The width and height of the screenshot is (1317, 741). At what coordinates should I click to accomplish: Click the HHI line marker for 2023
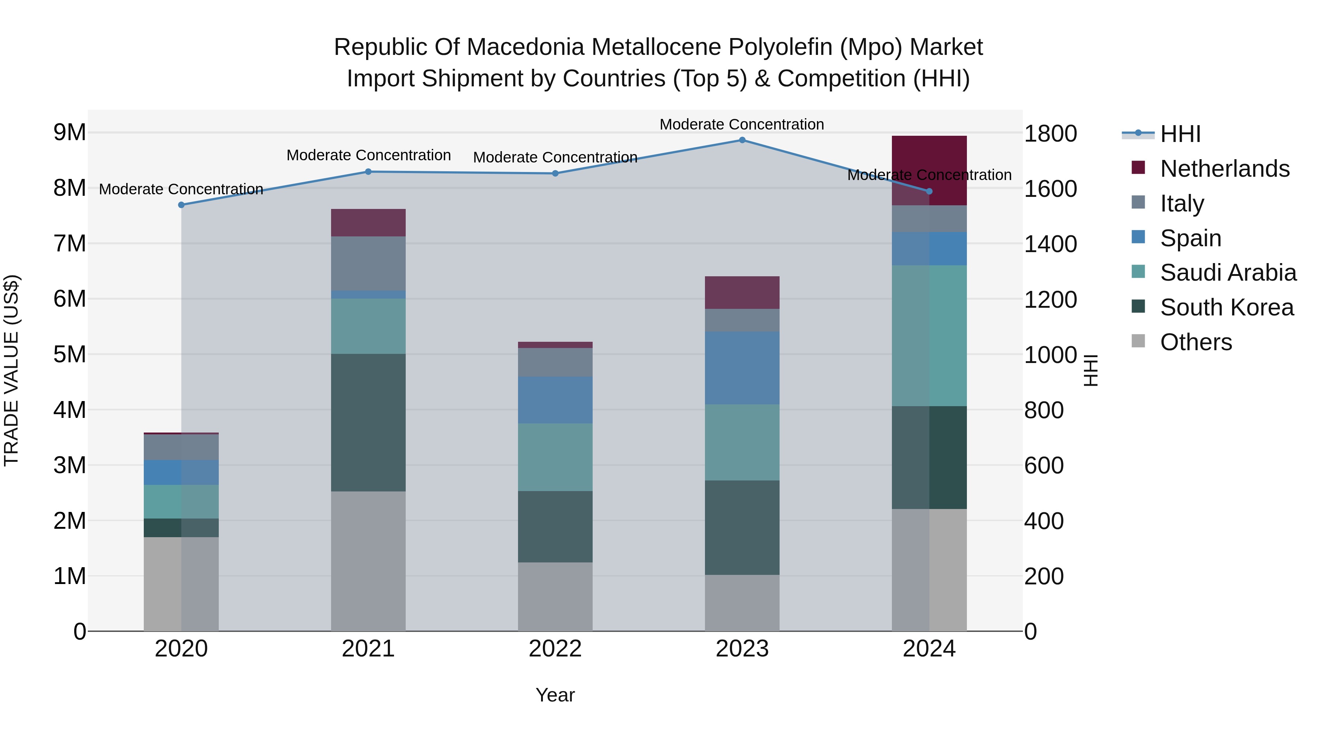point(742,140)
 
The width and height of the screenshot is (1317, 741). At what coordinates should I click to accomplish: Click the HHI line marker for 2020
point(181,205)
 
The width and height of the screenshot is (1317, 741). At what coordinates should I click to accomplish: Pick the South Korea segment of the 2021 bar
point(368,422)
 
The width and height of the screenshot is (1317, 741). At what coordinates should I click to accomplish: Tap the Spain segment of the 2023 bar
point(742,368)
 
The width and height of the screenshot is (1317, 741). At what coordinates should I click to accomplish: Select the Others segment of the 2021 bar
point(368,561)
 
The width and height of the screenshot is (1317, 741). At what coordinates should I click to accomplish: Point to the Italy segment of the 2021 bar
point(368,263)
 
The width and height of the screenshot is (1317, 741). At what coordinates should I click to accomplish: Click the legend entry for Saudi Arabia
point(1227,273)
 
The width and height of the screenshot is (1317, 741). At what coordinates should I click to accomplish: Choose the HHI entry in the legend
point(1180,134)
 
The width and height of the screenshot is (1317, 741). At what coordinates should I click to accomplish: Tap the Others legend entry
point(1195,342)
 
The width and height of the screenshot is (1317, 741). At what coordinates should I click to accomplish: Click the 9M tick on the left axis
point(70,132)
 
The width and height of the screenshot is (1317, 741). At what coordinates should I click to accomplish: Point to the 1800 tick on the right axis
point(1051,134)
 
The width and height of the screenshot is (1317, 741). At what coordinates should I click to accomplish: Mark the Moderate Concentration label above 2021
point(368,155)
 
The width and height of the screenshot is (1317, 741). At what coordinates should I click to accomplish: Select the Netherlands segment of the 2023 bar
point(742,292)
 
